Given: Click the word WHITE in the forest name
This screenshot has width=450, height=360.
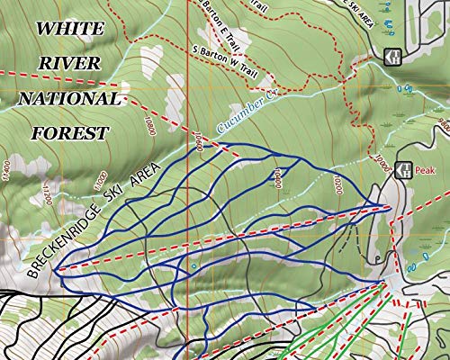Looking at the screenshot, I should pyautogui.click(x=68, y=28).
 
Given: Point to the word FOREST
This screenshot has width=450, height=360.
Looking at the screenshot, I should pyautogui.click(x=70, y=133).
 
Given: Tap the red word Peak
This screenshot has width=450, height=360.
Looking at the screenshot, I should pyautogui.click(x=425, y=169).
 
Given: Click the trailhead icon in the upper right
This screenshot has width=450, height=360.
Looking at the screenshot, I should pyautogui.click(x=391, y=56).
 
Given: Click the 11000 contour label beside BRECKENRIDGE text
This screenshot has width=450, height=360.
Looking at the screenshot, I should pyautogui.click(x=101, y=179).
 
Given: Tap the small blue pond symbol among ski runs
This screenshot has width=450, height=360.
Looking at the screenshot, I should pyautogui.click(x=193, y=266).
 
